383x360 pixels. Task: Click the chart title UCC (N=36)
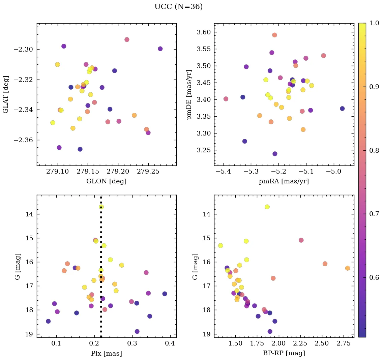pos(178,7)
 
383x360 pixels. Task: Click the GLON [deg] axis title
pos(106,181)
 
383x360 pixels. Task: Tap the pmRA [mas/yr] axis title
pos(284,181)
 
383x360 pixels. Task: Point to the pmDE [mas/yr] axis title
pos(189,94)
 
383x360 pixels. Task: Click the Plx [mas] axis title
pos(106,353)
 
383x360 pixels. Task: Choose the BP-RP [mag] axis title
pos(284,353)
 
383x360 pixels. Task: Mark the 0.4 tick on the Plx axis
pos(170,344)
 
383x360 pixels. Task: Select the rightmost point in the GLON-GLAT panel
pos(160,49)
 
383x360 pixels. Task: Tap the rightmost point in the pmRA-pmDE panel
pos(342,109)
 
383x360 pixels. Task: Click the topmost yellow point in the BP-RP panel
pos(267,207)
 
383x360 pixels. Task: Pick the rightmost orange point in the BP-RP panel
pos(347,268)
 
